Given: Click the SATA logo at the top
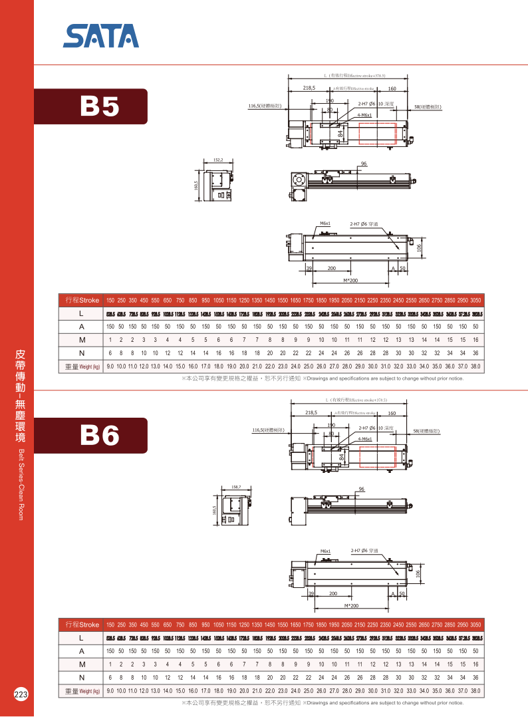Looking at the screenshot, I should [101, 36].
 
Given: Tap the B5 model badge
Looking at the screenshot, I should [100, 106].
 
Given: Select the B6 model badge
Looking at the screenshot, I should [100, 435].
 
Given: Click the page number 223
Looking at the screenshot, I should [20, 694].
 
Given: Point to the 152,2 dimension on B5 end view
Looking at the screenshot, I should [218, 160].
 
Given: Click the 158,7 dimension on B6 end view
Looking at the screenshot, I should [235, 487].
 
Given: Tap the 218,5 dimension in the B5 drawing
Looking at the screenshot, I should [309, 88].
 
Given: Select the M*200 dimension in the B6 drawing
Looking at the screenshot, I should [352, 606].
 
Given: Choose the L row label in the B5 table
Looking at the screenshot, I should [80, 313].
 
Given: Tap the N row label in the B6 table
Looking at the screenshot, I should [80, 677].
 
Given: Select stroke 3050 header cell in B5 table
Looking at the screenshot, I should [475, 300].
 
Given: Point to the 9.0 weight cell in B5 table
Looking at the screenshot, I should [110, 366].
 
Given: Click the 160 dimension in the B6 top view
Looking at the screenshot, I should [392, 413].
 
